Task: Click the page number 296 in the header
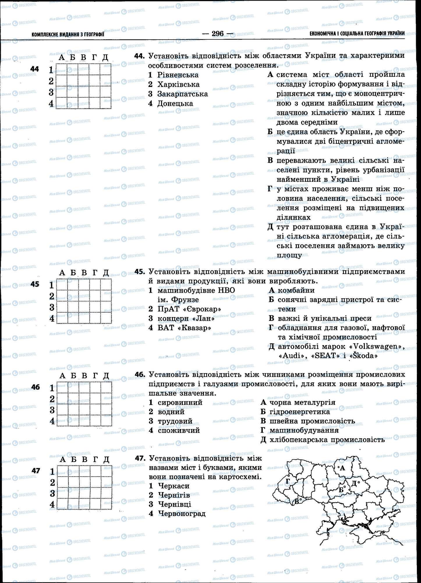coord(217,34)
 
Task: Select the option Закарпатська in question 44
coord(183,94)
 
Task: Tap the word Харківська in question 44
coord(178,85)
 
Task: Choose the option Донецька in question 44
coord(175,103)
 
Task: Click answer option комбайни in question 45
coord(296,290)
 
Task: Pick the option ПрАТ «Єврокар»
coord(189,309)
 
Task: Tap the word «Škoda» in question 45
coord(361,356)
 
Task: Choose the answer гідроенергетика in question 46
coord(300,412)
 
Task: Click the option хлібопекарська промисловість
coord(327,440)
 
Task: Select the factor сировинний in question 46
coord(180,403)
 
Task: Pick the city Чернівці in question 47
coord(174,504)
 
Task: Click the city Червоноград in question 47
coord(182,513)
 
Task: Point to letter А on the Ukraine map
coord(342,468)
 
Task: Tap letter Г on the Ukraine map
coord(288,481)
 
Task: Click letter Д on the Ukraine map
coord(354,484)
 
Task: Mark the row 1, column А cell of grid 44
coord(61,69)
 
